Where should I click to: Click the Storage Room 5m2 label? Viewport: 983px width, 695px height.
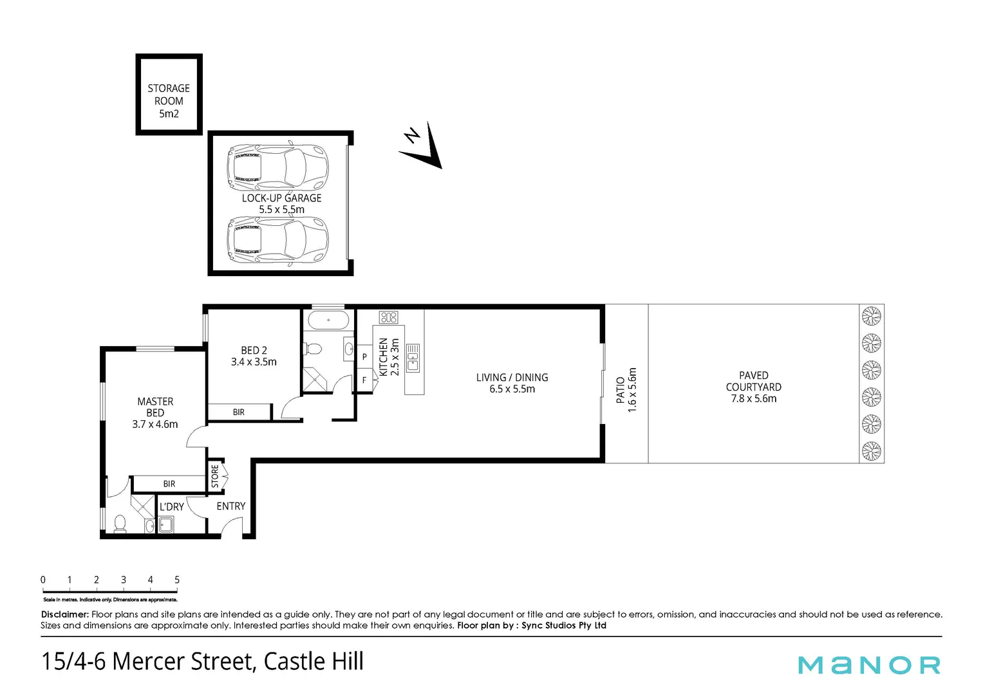[x=169, y=101]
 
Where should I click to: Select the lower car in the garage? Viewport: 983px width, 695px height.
[x=278, y=239]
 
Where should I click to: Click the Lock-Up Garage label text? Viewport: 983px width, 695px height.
[x=281, y=203]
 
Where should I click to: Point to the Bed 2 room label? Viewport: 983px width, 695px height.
[x=254, y=356]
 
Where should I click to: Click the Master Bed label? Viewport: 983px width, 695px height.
[x=155, y=412]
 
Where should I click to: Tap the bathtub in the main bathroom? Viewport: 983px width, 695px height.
[x=328, y=320]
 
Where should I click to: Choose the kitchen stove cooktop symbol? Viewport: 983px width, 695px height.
[x=389, y=317]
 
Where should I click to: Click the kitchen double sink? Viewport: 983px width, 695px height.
[x=413, y=358]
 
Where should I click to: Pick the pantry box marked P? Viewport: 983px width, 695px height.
[x=364, y=357]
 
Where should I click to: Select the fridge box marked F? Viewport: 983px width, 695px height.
[x=364, y=380]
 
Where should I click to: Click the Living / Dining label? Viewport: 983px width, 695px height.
[x=512, y=383]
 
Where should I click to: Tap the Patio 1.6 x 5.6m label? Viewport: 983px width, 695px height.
[x=626, y=389]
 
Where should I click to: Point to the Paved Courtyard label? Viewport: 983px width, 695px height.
[x=753, y=387]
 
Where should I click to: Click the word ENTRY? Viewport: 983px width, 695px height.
[x=231, y=506]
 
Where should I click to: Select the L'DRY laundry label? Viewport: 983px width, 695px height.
[x=172, y=507]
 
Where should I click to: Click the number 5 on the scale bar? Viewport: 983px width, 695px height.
[x=177, y=580]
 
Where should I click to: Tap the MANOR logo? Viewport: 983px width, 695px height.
[x=869, y=664]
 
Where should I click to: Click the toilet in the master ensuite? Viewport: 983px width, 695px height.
[x=120, y=524]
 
